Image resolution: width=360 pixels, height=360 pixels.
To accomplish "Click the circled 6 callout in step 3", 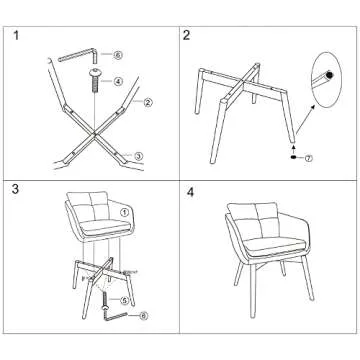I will (144, 316).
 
